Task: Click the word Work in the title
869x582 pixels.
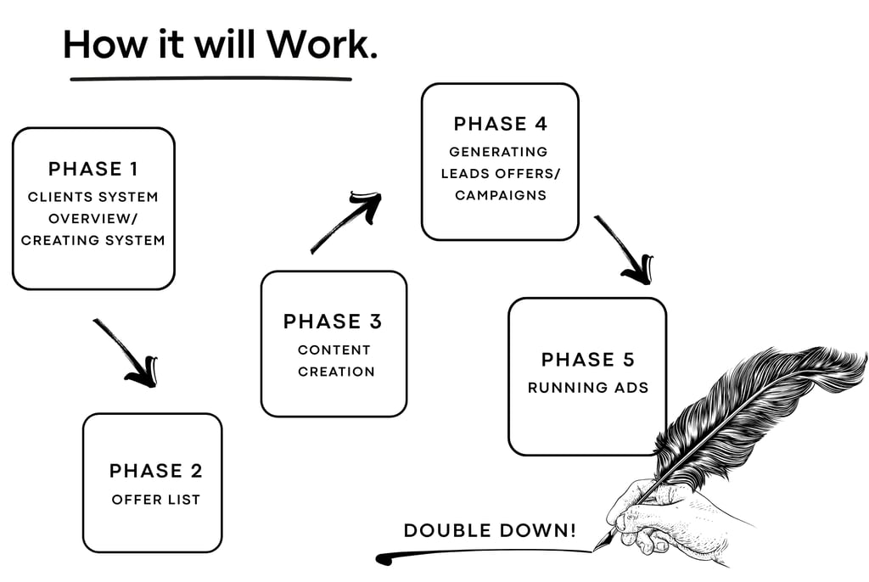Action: point(320,44)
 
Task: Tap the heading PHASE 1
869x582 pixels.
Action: point(93,169)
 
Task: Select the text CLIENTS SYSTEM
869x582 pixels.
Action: point(93,197)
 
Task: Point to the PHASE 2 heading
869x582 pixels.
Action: point(156,471)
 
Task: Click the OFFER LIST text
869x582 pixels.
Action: point(156,500)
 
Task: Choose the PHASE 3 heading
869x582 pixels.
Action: point(333,322)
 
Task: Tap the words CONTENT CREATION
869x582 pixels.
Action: point(334,361)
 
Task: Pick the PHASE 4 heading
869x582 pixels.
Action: point(500,124)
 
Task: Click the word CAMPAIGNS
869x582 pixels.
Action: point(500,195)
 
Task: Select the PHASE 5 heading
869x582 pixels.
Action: point(587,359)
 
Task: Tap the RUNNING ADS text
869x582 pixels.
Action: point(587,388)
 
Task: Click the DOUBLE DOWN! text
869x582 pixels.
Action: point(490,531)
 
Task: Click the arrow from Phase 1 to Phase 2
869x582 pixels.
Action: point(126,352)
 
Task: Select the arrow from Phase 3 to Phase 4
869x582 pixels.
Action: point(346,222)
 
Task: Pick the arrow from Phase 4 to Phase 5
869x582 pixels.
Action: point(625,249)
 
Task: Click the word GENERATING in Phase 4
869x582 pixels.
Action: point(498,152)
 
